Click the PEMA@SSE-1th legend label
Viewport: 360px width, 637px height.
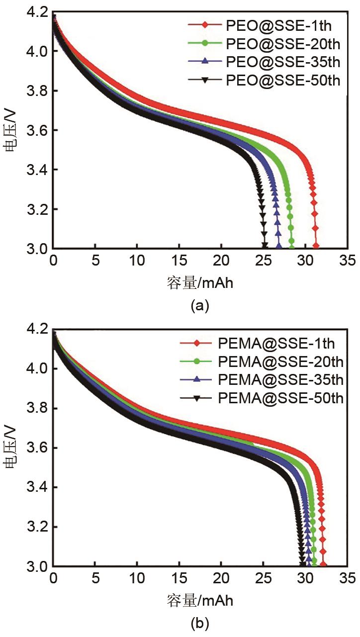coord(276,343)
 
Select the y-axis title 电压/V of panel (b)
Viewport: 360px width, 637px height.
coord(13,448)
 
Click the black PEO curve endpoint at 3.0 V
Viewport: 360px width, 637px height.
coord(265,246)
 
